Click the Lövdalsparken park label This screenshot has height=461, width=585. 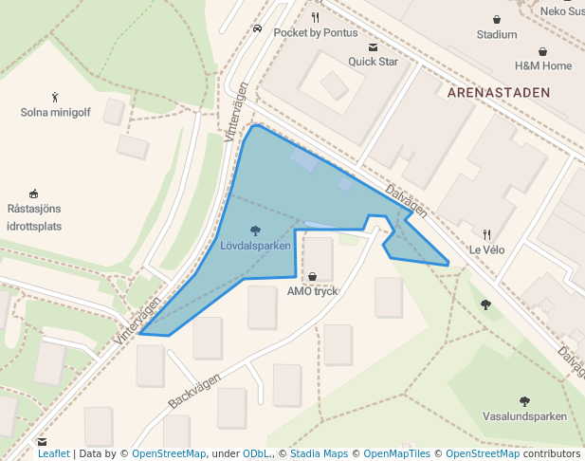pyautogui.click(x=255, y=246)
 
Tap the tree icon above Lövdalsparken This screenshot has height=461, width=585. pyautogui.click(x=255, y=230)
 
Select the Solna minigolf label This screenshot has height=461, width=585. pyautogui.click(x=55, y=112)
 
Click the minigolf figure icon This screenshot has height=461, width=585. pyautogui.click(x=55, y=97)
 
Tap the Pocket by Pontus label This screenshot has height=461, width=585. pyautogui.click(x=316, y=33)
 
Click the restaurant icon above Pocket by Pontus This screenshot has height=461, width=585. pyautogui.click(x=316, y=17)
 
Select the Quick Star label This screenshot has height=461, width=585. pyautogui.click(x=373, y=62)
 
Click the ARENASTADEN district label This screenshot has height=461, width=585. pyautogui.click(x=497, y=93)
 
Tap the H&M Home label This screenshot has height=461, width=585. pyautogui.click(x=543, y=66)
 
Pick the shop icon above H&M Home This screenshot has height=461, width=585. pyautogui.click(x=543, y=51)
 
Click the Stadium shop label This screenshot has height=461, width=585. pyautogui.click(x=497, y=35)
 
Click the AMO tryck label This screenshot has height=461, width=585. pyautogui.click(x=312, y=291)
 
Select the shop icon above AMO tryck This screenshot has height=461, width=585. pyautogui.click(x=312, y=276)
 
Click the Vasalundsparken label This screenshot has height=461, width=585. pyautogui.click(x=524, y=416)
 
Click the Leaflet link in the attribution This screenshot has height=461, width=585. pyautogui.click(x=54, y=454)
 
